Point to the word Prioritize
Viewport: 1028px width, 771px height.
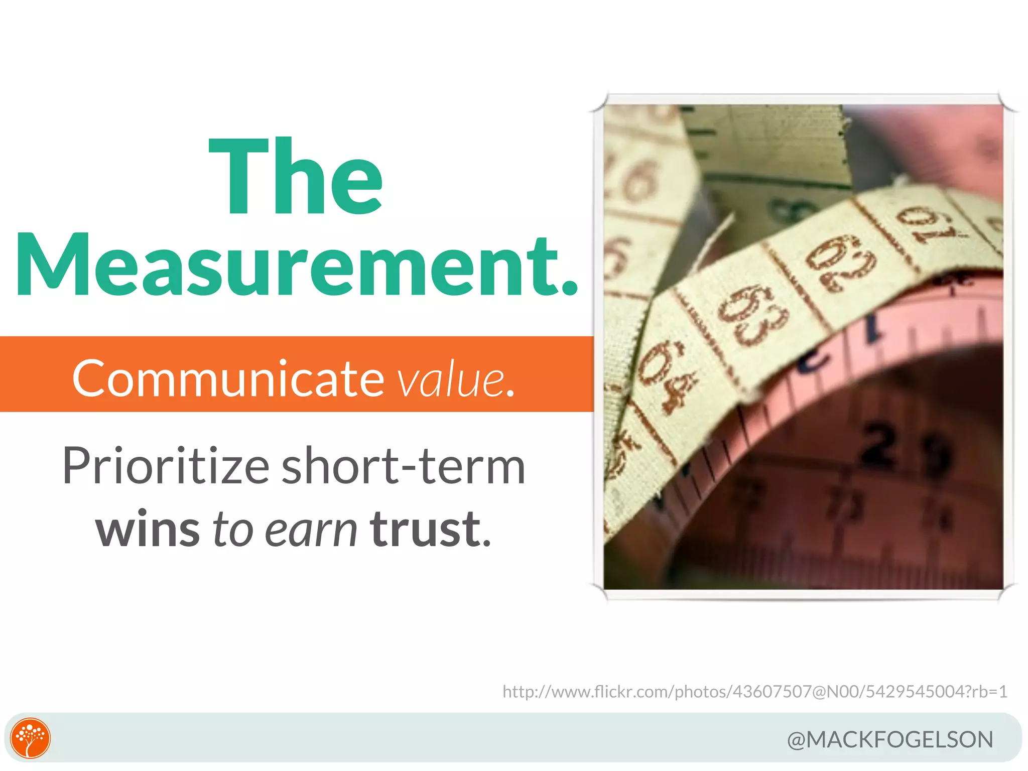coord(166,467)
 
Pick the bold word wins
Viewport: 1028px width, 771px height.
coord(148,530)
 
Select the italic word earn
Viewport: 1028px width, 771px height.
coord(311,530)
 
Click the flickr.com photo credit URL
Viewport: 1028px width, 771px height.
coord(755,691)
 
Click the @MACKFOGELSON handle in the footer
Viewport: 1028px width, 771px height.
coord(890,739)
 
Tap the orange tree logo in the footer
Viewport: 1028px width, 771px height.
coord(31,738)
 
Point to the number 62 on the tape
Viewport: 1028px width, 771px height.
coord(841,264)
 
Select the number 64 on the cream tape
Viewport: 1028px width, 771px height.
coord(670,374)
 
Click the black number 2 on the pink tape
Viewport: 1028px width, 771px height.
coord(878,444)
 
